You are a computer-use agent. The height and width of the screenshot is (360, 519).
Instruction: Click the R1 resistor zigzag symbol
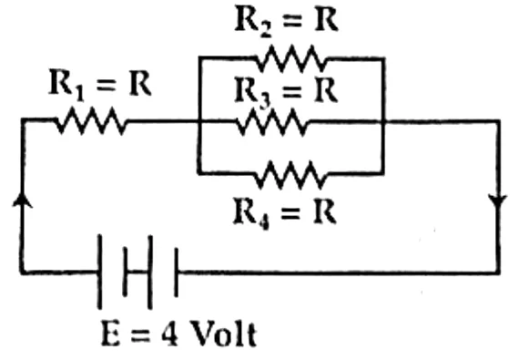92,121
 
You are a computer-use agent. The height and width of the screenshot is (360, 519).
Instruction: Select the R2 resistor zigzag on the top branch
291,59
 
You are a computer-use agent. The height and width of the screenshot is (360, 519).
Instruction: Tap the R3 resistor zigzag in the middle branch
271,122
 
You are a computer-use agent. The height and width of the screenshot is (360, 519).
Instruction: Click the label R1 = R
100,84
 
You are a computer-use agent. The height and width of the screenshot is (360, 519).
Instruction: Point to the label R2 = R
286,20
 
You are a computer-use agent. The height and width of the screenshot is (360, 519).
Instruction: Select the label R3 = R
286,91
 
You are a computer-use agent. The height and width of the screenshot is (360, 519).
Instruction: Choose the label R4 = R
285,212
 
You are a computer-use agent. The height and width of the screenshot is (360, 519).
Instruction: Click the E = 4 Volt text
178,334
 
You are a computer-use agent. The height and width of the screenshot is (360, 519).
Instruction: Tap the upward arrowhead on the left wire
23,200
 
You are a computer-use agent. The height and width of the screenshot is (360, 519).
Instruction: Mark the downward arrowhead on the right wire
498,202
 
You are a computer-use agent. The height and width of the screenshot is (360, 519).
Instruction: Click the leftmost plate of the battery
99,272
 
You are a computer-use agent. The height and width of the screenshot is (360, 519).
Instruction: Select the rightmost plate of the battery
176,273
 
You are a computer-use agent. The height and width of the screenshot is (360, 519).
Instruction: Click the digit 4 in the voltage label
170,334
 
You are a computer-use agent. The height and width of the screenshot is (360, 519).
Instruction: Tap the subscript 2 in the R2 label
266,30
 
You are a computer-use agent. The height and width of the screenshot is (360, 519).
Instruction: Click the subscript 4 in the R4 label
264,221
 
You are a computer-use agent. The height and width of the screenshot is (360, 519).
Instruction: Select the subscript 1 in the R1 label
79,93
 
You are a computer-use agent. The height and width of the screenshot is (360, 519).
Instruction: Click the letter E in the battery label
110,334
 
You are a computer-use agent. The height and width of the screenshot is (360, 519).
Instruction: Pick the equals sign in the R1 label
107,86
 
